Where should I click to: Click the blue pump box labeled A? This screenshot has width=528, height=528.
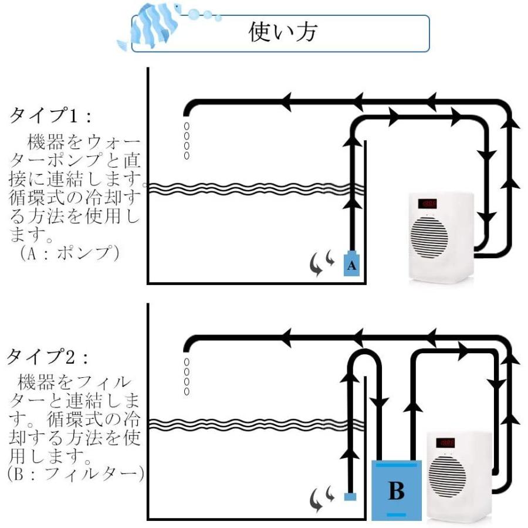click(351, 265)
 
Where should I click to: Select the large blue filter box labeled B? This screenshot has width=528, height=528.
click(396, 490)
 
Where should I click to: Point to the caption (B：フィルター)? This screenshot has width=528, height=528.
click(73, 474)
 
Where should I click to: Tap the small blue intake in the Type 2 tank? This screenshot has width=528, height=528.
click(350, 497)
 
